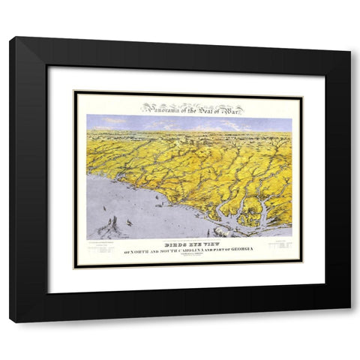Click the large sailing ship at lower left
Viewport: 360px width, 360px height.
click(113, 224)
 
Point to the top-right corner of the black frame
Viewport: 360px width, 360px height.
click(349, 52)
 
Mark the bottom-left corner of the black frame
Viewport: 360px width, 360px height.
click(11, 321)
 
